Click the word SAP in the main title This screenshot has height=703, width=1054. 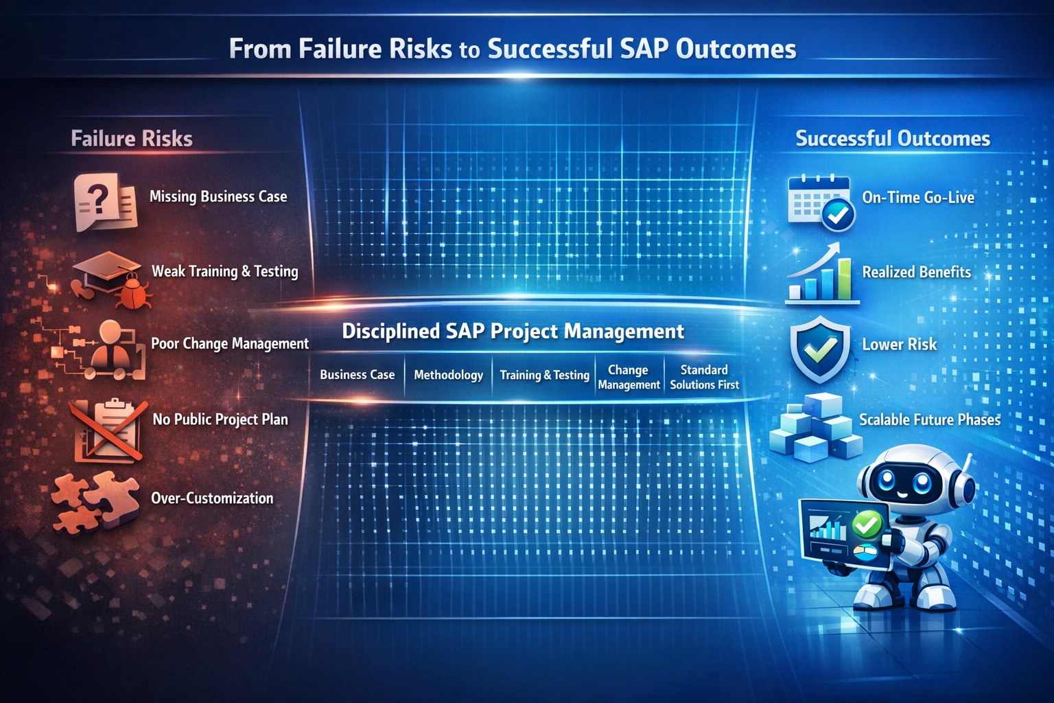click(x=644, y=49)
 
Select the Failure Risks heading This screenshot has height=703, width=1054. click(x=132, y=139)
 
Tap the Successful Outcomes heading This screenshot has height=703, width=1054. click(x=893, y=139)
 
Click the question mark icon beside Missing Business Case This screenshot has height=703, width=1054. click(x=100, y=199)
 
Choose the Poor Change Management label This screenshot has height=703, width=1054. click(x=229, y=343)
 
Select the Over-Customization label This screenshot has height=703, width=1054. click(x=211, y=498)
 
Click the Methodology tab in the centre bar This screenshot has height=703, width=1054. click(x=448, y=375)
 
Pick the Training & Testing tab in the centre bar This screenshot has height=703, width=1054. click(x=544, y=375)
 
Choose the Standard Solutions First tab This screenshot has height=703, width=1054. click(x=704, y=377)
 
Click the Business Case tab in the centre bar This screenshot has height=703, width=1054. click(x=357, y=375)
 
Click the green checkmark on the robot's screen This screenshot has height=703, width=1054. click(x=867, y=525)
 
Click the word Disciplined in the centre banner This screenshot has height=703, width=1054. click(x=390, y=332)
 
